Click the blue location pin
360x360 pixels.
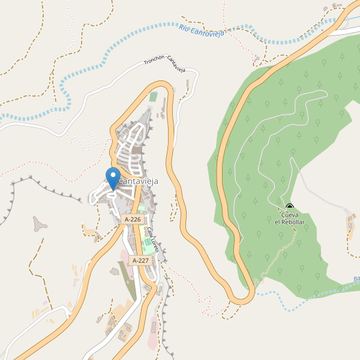click(x=112, y=178)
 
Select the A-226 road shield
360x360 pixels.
click(x=133, y=220)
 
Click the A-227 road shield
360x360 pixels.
click(x=140, y=260)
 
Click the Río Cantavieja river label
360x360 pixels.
click(x=201, y=31)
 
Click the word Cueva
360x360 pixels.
click(x=290, y=215)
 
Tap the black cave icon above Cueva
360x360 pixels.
click(x=290, y=208)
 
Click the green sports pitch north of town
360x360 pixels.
click(x=153, y=97)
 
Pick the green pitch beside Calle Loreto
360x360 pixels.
click(x=148, y=246)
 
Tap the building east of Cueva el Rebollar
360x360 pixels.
click(x=351, y=223)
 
